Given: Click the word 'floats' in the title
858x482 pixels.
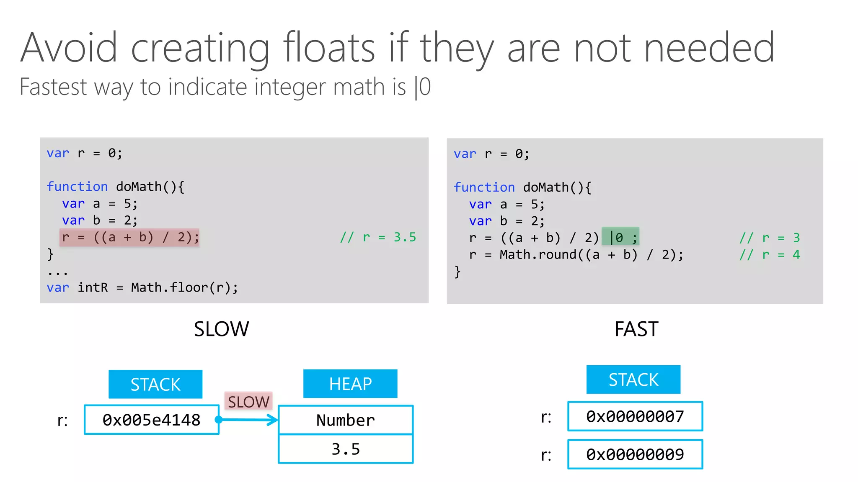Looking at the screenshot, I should pyautogui.click(x=329, y=48).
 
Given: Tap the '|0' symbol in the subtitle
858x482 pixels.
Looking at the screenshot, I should pyautogui.click(x=422, y=87).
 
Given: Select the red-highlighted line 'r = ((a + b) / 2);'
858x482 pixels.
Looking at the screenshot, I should pyautogui.click(x=130, y=238).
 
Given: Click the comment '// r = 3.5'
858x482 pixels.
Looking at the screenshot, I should pyautogui.click(x=378, y=238).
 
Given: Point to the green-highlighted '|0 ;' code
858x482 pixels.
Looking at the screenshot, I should pyautogui.click(x=620, y=238).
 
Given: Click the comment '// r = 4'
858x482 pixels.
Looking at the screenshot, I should pyautogui.click(x=770, y=255).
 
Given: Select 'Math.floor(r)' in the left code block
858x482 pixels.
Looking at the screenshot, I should pyautogui.click(x=184, y=288).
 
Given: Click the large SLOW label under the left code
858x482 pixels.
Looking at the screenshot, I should pyautogui.click(x=221, y=329).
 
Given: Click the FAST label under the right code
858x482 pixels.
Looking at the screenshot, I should pyautogui.click(x=636, y=329).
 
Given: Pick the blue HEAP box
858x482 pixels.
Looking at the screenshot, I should pyautogui.click(x=350, y=384).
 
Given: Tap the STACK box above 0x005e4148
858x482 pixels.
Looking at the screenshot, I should pyautogui.click(x=155, y=384).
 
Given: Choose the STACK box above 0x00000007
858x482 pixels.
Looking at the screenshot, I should pyautogui.click(x=633, y=379).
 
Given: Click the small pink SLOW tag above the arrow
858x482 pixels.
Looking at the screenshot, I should pyautogui.click(x=248, y=402).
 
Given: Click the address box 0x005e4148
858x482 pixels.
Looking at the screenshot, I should pyautogui.click(x=152, y=420).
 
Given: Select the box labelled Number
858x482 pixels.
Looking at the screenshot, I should pyautogui.click(x=346, y=420).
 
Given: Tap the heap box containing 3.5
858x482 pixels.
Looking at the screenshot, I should pyautogui.click(x=346, y=449).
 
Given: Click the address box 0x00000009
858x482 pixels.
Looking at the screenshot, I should pyautogui.click(x=635, y=454).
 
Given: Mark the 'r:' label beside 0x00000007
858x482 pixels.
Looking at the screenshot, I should pyautogui.click(x=546, y=417).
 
